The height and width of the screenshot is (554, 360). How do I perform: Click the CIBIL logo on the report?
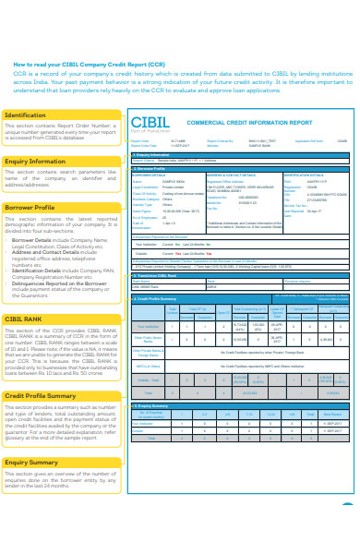tap(151, 123)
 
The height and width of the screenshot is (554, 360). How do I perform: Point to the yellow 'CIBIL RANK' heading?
tap(25, 319)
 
